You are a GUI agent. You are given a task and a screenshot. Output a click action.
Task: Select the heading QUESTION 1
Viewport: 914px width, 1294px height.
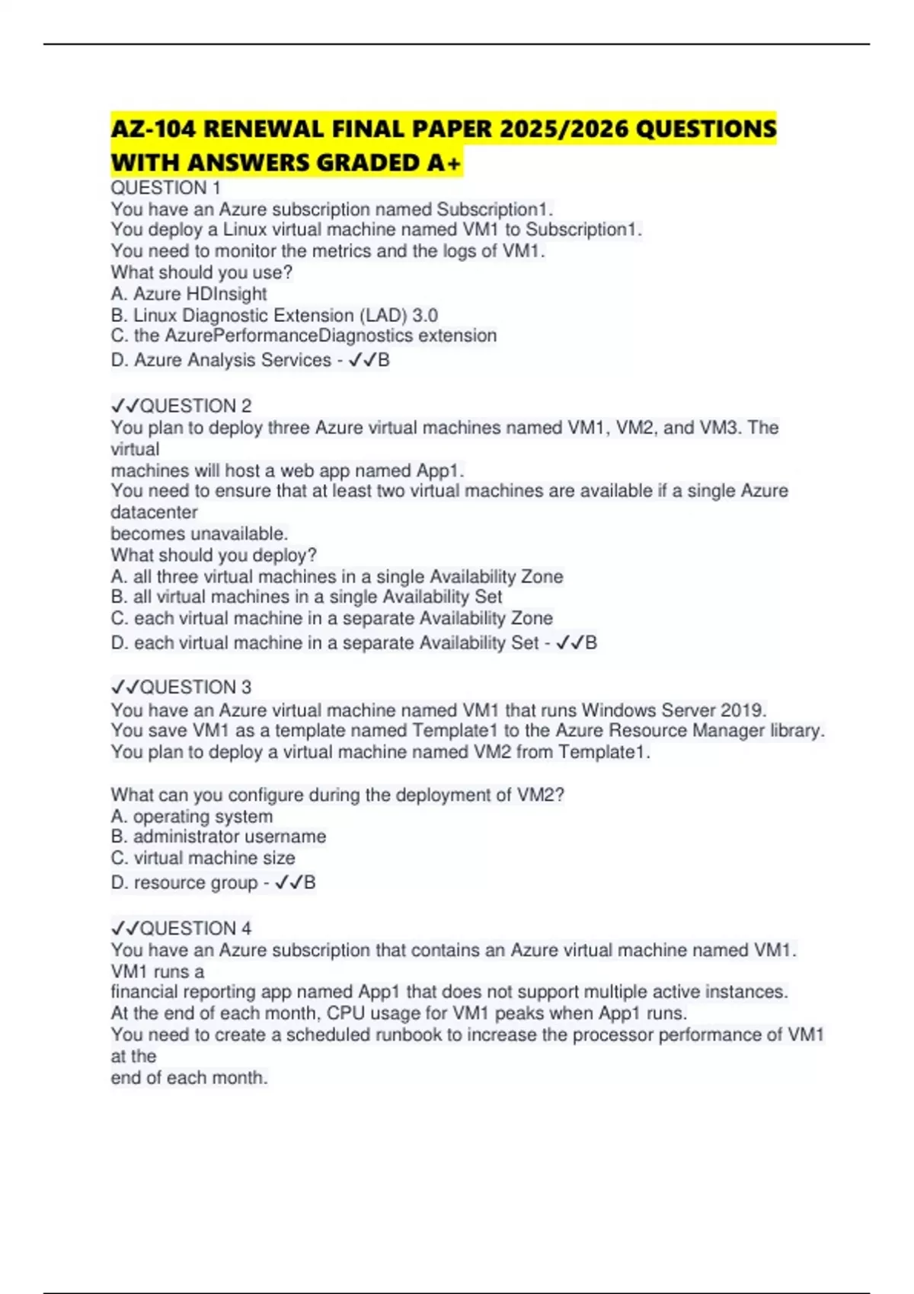coord(166,188)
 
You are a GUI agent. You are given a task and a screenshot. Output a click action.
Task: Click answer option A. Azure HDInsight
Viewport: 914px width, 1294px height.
coord(189,294)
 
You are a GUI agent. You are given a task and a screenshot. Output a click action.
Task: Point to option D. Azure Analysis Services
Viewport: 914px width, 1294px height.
coord(221,360)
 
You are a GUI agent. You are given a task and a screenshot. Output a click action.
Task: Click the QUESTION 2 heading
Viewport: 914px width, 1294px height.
coord(196,406)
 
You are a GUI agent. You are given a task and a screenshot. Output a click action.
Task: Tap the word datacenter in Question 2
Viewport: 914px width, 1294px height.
coord(154,512)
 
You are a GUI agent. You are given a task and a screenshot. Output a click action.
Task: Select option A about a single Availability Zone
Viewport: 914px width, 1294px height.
coord(337,577)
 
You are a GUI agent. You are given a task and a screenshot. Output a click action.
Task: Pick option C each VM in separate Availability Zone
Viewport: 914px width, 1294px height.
coord(331,618)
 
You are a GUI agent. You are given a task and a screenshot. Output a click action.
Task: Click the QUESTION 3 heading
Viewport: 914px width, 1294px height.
coord(196,687)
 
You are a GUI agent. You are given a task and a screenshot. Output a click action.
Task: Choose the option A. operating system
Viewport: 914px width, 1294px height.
coord(192,817)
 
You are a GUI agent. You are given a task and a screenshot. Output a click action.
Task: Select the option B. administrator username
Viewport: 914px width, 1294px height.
coord(219,837)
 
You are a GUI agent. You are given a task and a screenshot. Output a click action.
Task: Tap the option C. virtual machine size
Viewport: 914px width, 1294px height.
coord(203,858)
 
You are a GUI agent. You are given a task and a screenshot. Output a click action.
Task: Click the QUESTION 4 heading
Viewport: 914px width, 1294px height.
coord(196,929)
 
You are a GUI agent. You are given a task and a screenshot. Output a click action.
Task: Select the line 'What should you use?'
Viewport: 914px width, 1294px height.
coord(202,273)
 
